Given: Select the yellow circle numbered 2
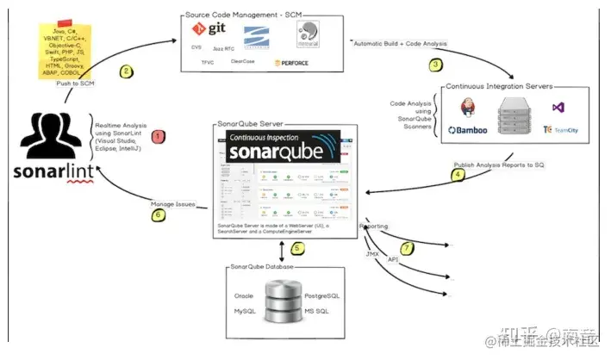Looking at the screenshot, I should coord(127,71).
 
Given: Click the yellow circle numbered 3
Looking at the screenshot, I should coord(435,65).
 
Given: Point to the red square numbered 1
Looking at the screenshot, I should coord(158,135).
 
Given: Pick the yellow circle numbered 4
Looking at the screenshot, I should coord(458,174).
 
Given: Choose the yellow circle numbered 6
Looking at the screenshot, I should coord(159,214).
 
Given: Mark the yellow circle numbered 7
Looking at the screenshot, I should coord(407,248).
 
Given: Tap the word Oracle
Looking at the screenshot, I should coord(244,295).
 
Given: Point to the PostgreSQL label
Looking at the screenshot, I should coord(322,295).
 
